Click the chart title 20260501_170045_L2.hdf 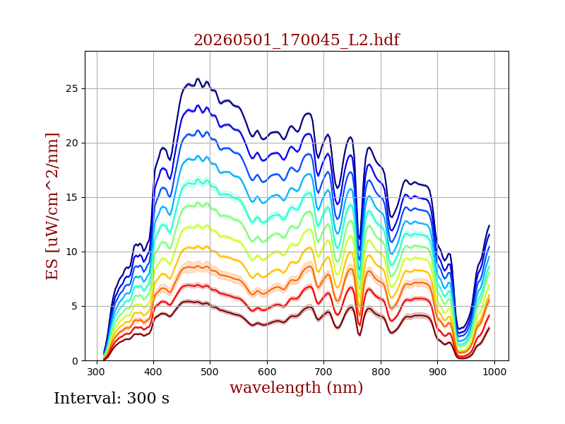click(x=297, y=40)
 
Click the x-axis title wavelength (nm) click(x=296, y=387)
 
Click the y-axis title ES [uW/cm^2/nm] click(x=52, y=206)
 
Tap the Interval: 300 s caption click(x=112, y=399)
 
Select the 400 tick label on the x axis click(x=153, y=372)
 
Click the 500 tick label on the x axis click(x=210, y=372)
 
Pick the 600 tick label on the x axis click(x=267, y=372)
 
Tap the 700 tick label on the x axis click(x=323, y=372)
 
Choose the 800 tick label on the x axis click(x=381, y=372)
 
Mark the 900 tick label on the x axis click(x=437, y=372)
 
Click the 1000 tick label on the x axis click(x=494, y=372)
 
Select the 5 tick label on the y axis click(x=75, y=307)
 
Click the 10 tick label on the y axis click(x=72, y=252)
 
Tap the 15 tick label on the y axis click(x=72, y=198)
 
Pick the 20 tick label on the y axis click(x=72, y=143)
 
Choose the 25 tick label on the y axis click(x=72, y=89)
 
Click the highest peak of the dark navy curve click(x=198, y=78)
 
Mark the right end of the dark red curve click(x=489, y=328)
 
